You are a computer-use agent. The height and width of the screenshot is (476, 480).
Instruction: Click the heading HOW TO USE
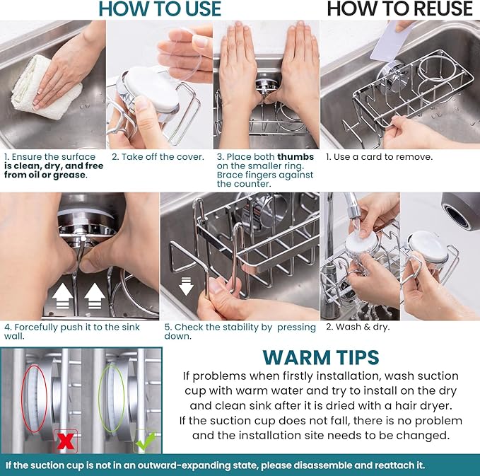[160, 8]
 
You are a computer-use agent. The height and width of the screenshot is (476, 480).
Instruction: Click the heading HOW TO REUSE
[400, 8]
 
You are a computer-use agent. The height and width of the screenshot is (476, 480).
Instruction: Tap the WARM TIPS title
[321, 357]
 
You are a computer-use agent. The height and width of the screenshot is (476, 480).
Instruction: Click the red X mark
[66, 441]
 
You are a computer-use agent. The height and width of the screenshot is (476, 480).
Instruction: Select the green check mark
[145, 441]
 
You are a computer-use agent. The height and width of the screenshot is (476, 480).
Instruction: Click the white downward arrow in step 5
[186, 286]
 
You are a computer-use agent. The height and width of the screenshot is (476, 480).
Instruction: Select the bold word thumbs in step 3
[295, 157]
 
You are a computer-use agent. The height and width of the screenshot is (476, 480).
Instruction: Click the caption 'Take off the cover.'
[163, 157]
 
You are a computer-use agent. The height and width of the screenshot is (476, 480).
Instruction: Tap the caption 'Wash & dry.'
[363, 327]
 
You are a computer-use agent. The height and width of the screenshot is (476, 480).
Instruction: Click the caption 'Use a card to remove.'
[383, 157]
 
